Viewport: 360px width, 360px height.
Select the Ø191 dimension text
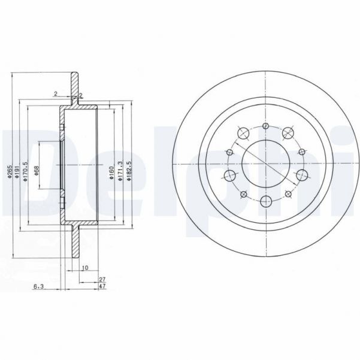point(18,174)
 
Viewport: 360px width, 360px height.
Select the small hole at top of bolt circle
point(265,126)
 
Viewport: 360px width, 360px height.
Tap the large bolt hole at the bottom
point(265,200)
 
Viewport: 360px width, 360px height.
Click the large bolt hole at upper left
point(243,133)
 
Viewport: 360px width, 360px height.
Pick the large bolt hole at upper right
point(288,133)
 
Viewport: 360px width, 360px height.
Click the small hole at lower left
point(243,193)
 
